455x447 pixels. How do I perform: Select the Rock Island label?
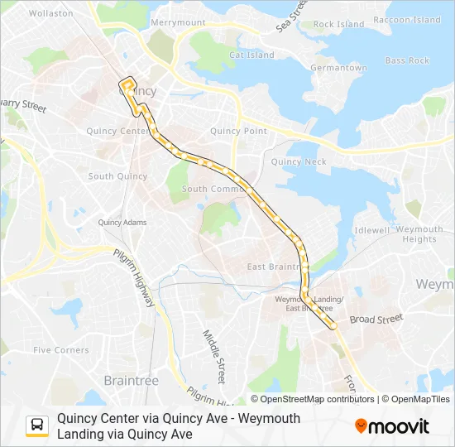click(338, 25)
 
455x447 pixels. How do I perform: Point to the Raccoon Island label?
click(406, 19)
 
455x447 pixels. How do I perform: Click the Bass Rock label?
click(407, 60)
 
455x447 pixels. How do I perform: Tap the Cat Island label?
click(251, 55)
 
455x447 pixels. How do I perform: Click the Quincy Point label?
click(238, 131)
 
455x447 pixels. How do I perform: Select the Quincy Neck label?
click(299, 162)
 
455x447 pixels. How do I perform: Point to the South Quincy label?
click(117, 176)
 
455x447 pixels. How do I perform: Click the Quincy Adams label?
click(122, 222)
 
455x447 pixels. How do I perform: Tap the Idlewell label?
click(371, 229)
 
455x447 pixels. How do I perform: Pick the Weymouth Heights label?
click(419, 234)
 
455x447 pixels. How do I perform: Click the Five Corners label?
click(60, 350)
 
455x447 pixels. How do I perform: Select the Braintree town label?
click(131, 380)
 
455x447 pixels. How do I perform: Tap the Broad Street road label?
click(376, 319)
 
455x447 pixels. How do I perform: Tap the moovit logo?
click(392, 426)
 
